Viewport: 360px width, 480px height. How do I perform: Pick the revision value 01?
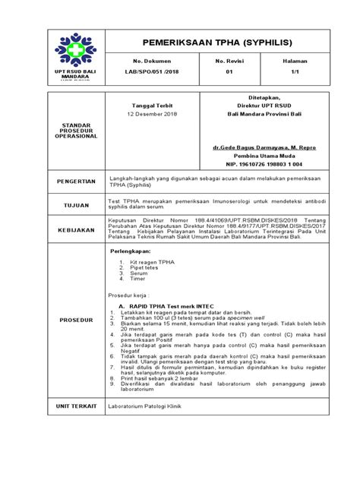[229, 72]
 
